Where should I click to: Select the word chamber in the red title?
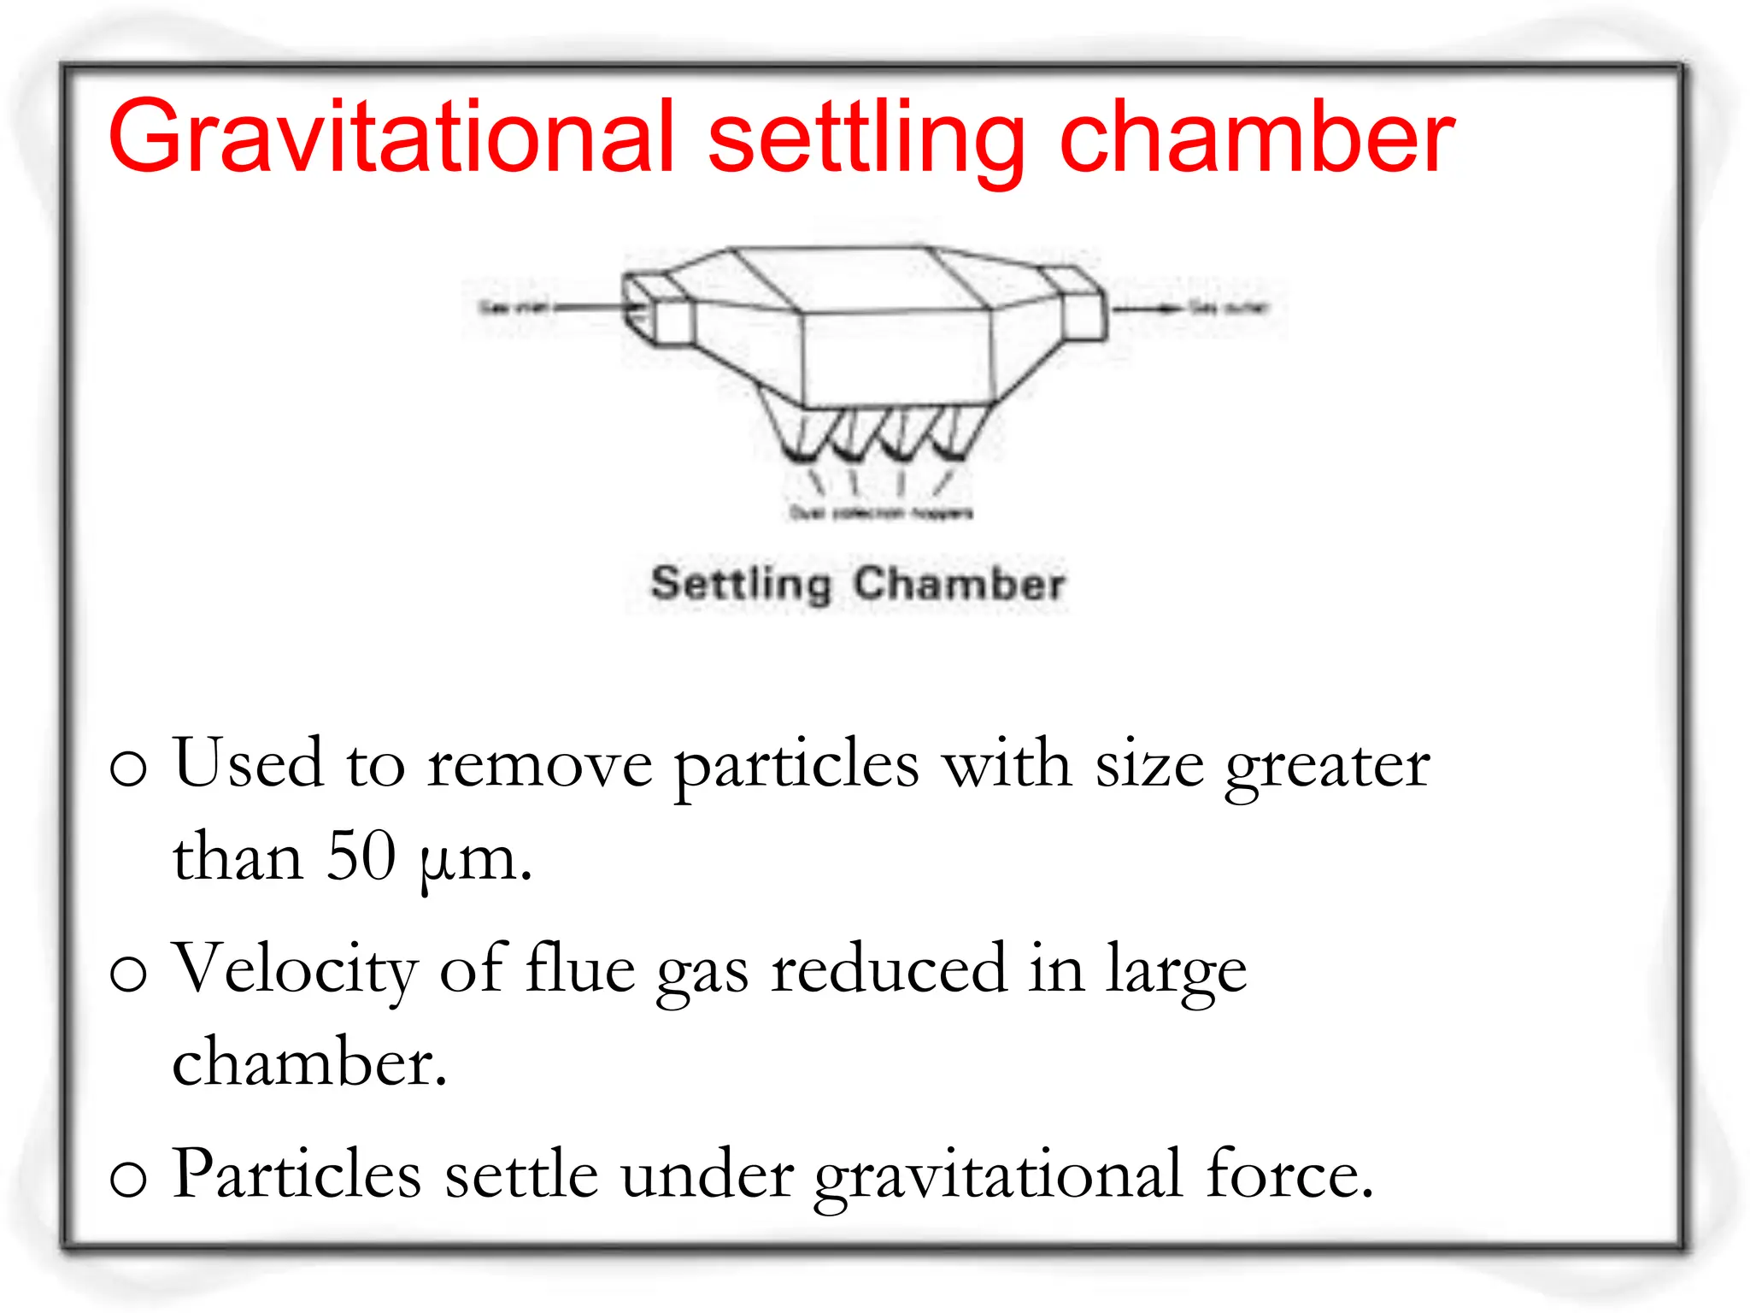1256,137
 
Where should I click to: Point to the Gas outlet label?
1229,308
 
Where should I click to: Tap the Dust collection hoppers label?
880,513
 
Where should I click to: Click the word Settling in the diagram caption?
740,585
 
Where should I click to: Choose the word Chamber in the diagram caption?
959,585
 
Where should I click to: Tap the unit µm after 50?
475,858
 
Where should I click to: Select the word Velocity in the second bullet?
295,969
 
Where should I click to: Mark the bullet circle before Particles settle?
129,1178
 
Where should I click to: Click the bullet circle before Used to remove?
129,767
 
